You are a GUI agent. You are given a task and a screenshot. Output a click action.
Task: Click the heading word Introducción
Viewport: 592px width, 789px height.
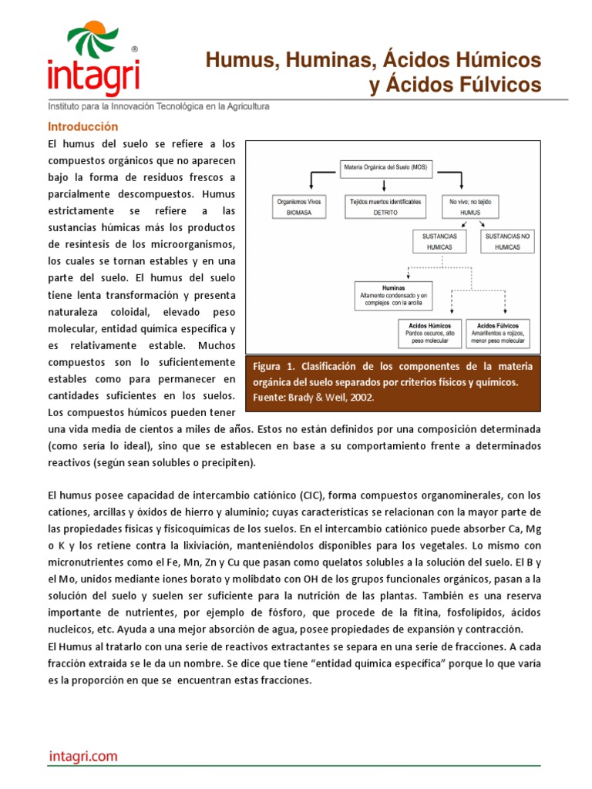click(x=83, y=126)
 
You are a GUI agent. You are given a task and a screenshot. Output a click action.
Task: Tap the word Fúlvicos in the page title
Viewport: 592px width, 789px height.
click(x=497, y=85)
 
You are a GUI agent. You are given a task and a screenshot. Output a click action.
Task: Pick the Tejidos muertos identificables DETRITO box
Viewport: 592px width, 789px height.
click(x=385, y=206)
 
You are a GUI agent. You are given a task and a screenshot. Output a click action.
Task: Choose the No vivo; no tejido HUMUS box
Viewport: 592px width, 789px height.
click(x=469, y=206)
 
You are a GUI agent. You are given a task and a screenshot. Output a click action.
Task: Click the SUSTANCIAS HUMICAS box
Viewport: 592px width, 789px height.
click(x=440, y=241)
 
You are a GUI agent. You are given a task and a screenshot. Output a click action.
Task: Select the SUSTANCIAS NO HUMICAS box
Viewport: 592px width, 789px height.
click(x=508, y=241)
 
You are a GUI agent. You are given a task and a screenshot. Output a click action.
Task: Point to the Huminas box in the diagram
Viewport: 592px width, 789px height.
click(x=393, y=295)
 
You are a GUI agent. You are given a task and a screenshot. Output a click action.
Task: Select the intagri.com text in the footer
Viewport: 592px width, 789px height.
click(x=82, y=757)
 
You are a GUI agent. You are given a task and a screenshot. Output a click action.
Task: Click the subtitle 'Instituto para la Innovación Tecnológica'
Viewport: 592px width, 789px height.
click(x=159, y=106)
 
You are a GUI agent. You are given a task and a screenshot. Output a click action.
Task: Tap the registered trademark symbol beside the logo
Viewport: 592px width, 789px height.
click(x=136, y=48)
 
